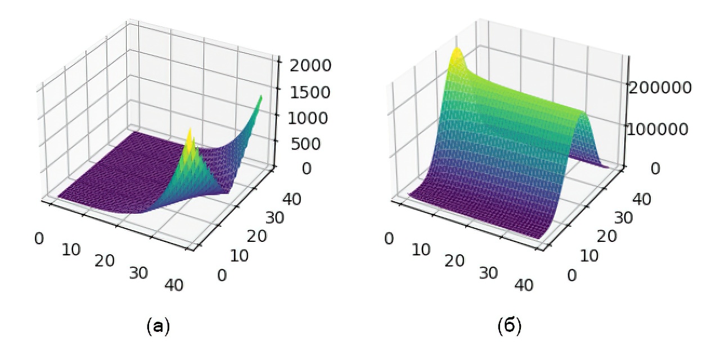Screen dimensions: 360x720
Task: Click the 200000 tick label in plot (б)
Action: click(659, 87)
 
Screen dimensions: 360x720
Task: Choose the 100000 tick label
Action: click(659, 129)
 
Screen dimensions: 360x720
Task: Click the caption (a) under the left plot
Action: click(157, 326)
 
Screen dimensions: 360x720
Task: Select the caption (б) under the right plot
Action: click(510, 326)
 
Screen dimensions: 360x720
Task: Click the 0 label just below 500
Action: click(290, 168)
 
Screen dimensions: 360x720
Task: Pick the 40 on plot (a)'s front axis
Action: click(175, 285)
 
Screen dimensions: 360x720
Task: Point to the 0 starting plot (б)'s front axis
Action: click(388, 238)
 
